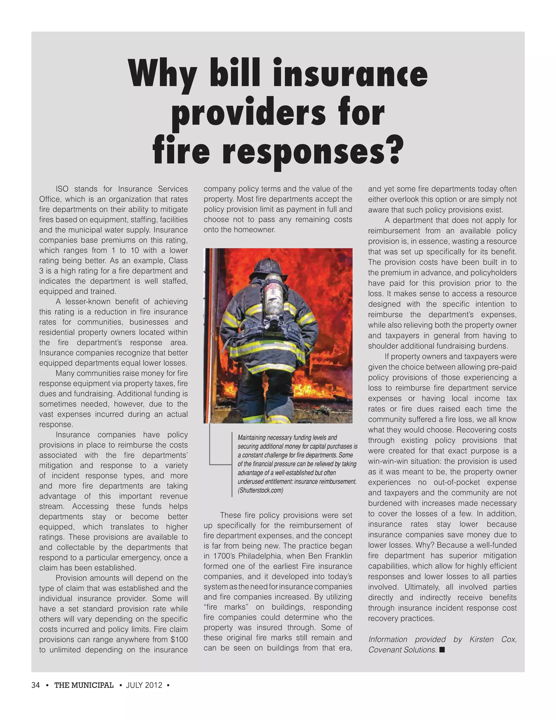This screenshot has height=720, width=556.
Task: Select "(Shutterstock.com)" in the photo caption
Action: click(260, 490)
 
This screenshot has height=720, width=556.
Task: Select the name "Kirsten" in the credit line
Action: click(481, 639)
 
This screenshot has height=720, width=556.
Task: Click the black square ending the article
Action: click(442, 649)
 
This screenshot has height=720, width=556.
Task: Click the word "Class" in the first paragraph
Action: click(178, 261)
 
